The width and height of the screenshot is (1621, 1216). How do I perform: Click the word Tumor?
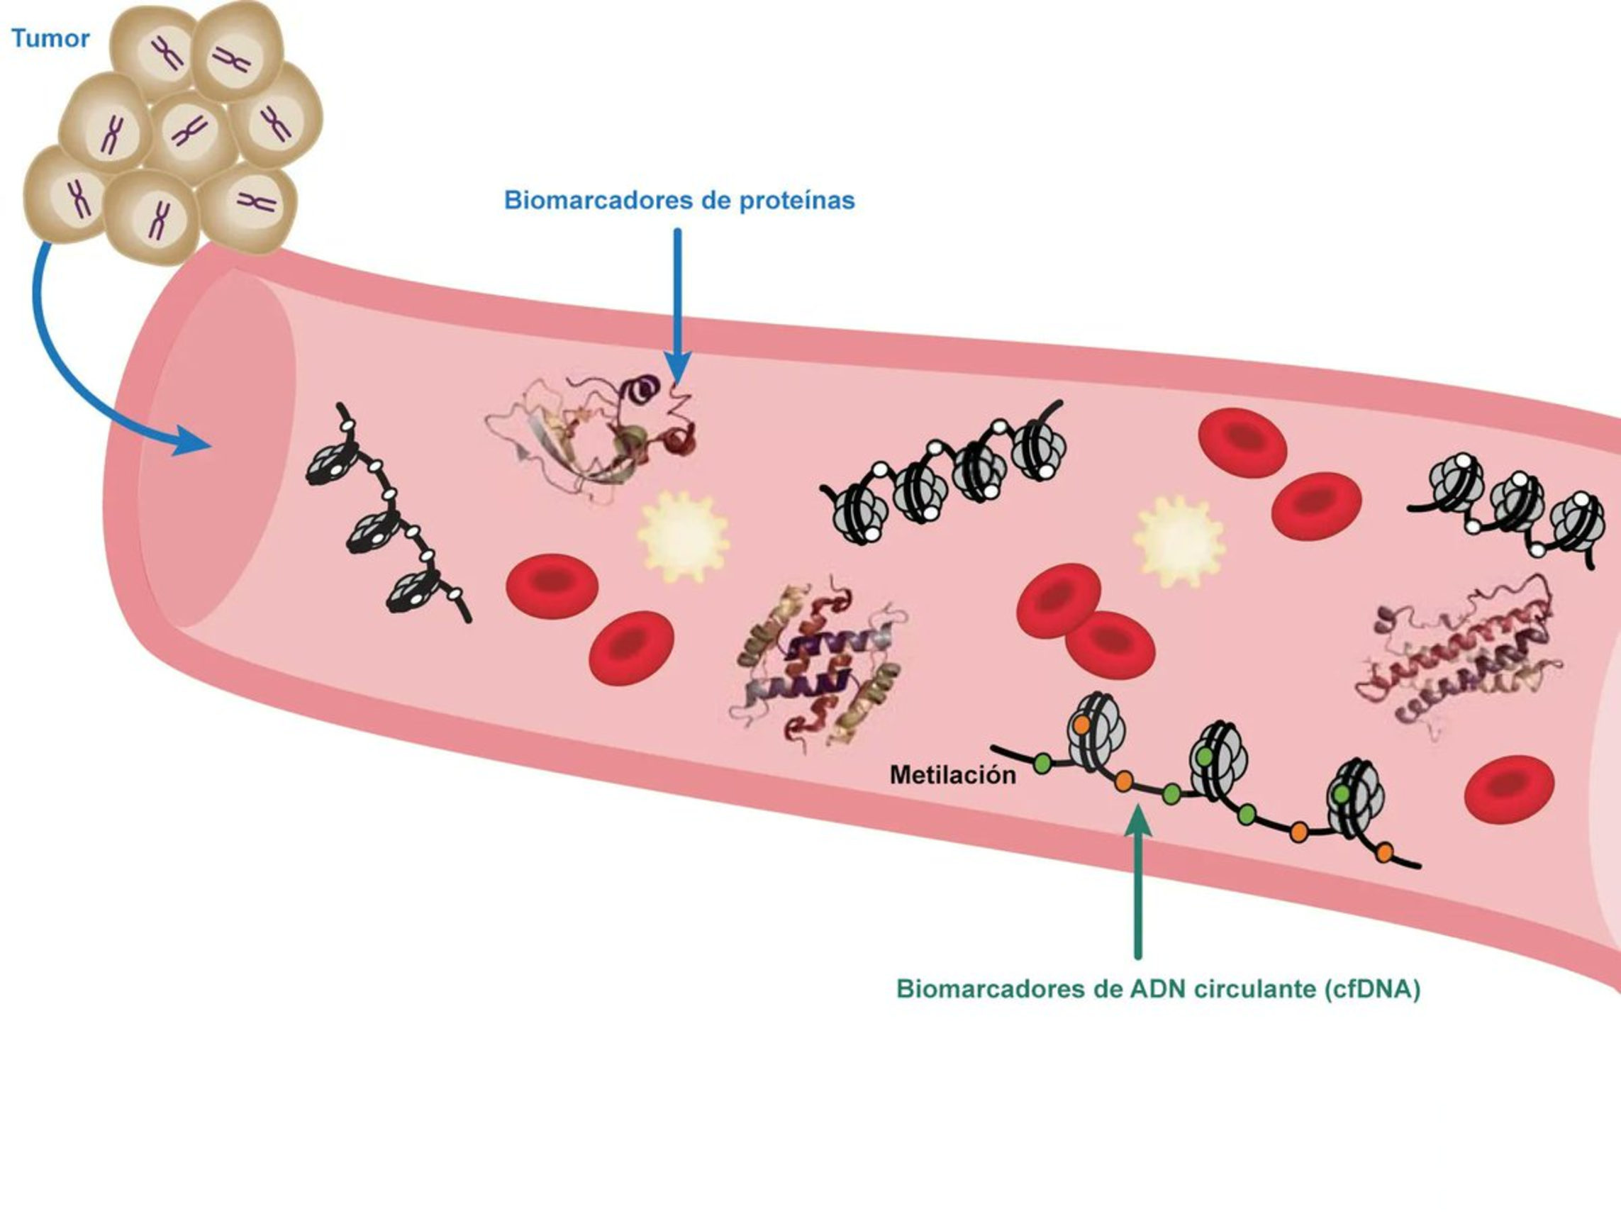(x=50, y=38)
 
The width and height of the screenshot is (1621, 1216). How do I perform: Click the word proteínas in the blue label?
(x=796, y=200)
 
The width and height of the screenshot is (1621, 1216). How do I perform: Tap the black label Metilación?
(x=952, y=775)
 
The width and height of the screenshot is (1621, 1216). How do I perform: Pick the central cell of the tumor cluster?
(x=191, y=132)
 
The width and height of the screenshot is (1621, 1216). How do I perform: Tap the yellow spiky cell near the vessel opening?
(x=683, y=537)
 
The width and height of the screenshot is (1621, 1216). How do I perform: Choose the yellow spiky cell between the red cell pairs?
(x=1178, y=541)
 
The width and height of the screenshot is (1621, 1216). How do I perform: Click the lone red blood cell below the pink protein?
(x=1509, y=789)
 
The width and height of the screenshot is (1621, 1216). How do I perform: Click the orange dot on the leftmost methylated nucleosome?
(x=1081, y=723)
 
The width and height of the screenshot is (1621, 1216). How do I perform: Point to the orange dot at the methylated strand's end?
(x=1384, y=852)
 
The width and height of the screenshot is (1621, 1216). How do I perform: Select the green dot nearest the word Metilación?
(x=1042, y=764)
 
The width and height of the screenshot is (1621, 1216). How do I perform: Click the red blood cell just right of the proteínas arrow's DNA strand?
(x=1242, y=442)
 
